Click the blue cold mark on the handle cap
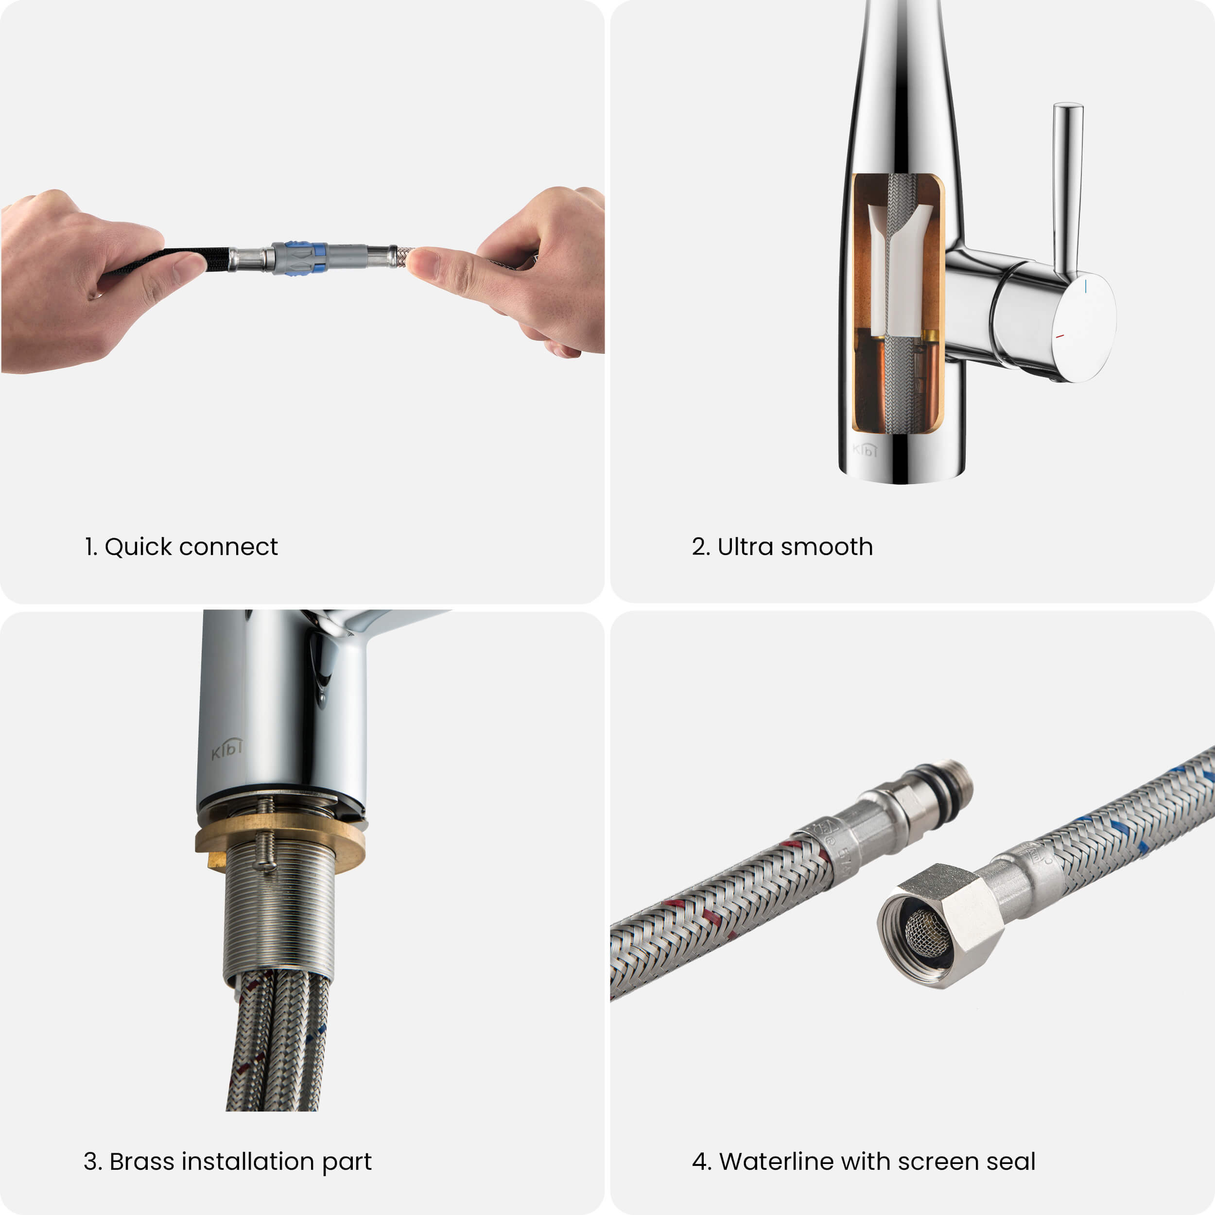click(x=1085, y=286)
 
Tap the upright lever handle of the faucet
click(x=1067, y=189)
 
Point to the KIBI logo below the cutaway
click(x=865, y=449)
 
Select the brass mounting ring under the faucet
click(x=280, y=841)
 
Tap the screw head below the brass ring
click(x=265, y=867)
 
